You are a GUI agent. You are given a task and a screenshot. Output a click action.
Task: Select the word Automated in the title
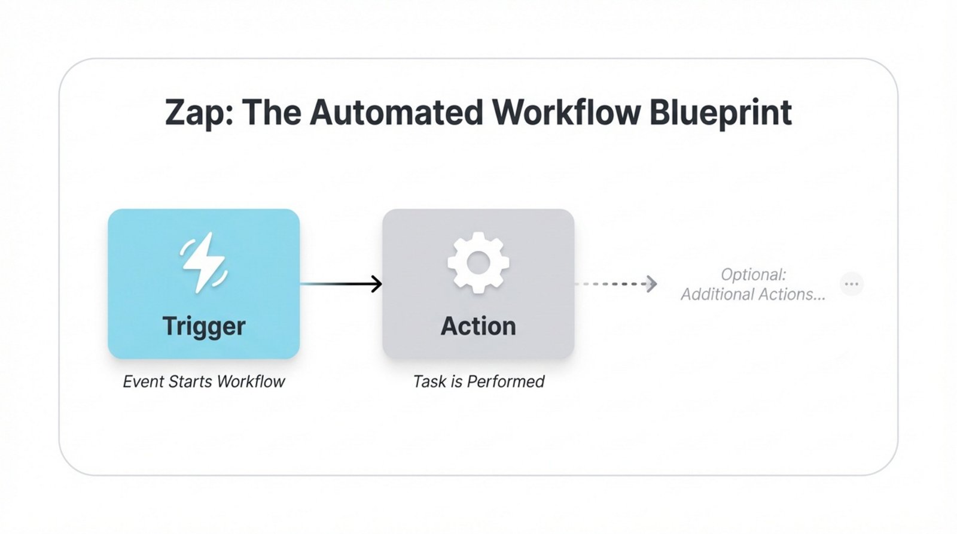395,113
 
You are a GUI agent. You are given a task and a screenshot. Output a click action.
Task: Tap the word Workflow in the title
566,113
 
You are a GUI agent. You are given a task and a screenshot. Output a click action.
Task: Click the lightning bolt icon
203,263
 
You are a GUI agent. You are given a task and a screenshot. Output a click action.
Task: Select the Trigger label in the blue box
203,326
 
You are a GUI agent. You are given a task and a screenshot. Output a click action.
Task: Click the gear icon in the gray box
478,263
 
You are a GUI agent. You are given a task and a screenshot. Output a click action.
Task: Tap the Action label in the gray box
478,326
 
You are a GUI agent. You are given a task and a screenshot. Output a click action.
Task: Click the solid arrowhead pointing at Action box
376,284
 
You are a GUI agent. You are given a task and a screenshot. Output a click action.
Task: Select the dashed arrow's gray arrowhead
651,284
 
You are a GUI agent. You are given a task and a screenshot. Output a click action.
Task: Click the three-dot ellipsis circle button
851,284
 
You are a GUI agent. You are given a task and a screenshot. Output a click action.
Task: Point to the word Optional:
753,275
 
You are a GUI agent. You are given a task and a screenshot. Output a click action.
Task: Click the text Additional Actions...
753,295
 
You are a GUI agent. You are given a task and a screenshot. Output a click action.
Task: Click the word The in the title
273,113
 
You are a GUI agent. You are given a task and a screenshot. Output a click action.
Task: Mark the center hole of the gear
478,263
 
